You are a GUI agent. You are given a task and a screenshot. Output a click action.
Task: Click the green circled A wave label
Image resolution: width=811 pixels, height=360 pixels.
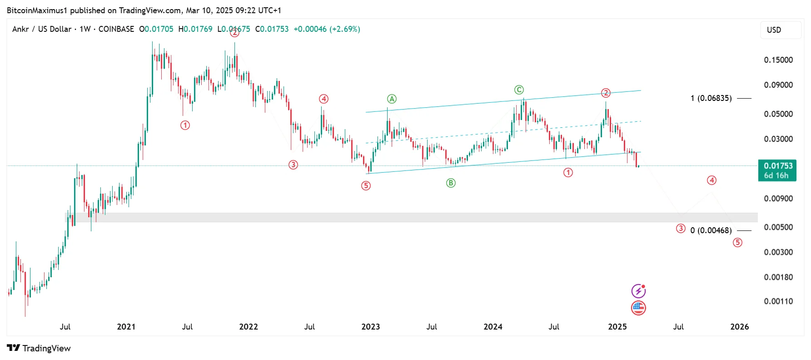coord(392,99)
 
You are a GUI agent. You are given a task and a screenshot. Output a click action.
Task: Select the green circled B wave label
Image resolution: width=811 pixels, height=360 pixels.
coord(451,183)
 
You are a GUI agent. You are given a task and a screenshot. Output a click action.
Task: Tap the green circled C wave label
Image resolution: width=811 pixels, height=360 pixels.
coord(519,90)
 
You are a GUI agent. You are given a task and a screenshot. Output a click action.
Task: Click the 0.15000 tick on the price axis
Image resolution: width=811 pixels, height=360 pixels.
coord(778,60)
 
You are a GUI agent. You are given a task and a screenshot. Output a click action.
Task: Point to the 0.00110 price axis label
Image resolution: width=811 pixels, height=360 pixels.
coord(778,301)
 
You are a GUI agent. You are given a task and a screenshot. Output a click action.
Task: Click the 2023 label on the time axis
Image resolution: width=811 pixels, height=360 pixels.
coord(370,327)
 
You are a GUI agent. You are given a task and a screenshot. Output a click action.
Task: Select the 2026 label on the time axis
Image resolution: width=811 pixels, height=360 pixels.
coord(739,327)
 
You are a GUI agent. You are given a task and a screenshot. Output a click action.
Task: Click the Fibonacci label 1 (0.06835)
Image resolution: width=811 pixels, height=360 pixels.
coord(711,98)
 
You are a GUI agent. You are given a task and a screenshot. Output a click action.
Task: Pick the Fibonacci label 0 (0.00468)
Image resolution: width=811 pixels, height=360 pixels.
coord(711,230)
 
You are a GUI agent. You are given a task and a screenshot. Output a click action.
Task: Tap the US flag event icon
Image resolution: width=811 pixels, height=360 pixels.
coord(638,308)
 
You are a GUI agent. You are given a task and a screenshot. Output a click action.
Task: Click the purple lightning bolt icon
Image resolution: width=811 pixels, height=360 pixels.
coord(638,291)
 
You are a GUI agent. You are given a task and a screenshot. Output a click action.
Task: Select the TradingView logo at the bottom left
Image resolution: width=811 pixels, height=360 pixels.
coord(39,348)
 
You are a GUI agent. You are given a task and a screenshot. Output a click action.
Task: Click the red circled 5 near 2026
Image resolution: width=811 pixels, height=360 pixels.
coord(737,243)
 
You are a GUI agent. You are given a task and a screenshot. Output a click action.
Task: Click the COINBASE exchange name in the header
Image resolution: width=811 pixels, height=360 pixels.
coord(116,29)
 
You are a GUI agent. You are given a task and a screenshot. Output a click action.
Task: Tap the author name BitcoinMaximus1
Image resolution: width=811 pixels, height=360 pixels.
coord(37,10)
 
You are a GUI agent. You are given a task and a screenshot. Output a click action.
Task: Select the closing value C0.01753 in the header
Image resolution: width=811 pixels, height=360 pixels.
coord(272,29)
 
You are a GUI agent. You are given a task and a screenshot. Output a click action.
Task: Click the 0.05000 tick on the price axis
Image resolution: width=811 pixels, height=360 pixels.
coord(778,114)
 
